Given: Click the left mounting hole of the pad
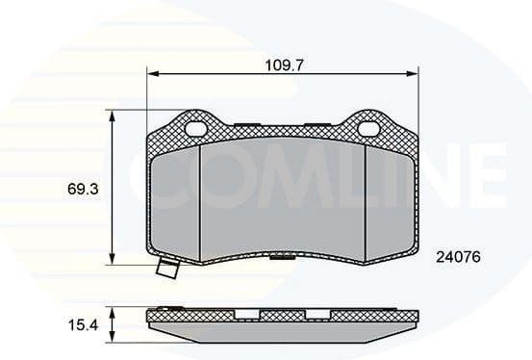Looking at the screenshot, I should (197, 128).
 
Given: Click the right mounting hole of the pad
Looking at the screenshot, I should (369, 127).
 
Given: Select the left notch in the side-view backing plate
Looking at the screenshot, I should (247, 314).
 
